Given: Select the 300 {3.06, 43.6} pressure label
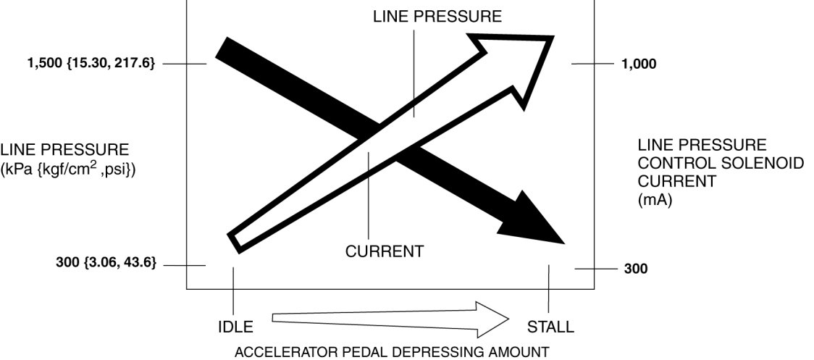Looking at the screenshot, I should coord(106,262).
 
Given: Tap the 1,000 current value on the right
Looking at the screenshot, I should coord(639,64).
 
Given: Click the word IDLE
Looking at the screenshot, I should coord(235,327).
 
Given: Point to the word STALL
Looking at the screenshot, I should coord(550,327).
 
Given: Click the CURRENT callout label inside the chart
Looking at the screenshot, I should coord(384,251).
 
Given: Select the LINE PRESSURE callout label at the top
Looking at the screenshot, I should coord(437,17).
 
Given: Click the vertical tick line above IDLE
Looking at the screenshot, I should coord(234,290).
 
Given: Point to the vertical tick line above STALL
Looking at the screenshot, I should coord(550,288).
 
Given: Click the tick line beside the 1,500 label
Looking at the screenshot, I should coord(186,64).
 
